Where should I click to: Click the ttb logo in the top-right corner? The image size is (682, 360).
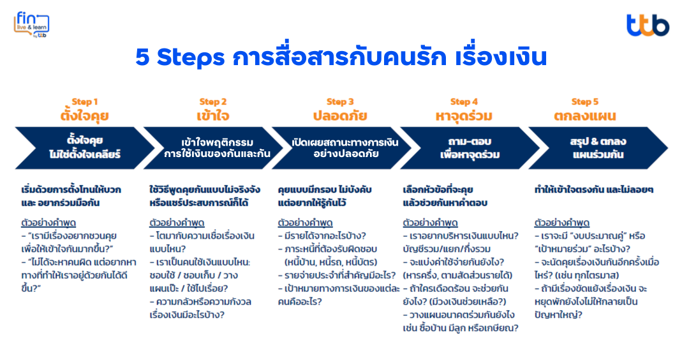tap(647, 26)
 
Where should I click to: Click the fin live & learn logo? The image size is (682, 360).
tap(31, 24)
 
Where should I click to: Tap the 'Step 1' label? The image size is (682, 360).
tap(84, 102)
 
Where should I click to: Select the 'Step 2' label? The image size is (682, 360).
tap(213, 102)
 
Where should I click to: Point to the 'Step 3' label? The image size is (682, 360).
tap(340, 102)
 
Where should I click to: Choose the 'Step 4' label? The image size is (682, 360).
tap(464, 102)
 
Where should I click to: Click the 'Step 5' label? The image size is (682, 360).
tap(584, 102)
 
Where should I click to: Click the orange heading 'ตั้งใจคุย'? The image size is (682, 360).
tap(84, 116)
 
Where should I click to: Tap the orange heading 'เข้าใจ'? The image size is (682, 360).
tap(213, 116)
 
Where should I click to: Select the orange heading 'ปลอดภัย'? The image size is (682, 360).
tap(340, 116)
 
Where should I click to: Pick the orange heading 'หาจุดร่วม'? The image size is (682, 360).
tap(464, 116)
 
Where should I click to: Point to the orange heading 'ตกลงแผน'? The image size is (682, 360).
tap(584, 116)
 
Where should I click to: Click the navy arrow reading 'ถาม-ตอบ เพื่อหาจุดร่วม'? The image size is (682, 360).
tap(470, 148)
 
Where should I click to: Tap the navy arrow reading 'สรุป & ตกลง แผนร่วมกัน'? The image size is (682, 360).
tap(598, 148)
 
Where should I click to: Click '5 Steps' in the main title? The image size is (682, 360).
tap(180, 57)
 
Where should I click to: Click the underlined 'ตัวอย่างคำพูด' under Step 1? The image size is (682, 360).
tap(48, 223)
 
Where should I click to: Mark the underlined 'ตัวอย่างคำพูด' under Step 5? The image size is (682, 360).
tap(561, 223)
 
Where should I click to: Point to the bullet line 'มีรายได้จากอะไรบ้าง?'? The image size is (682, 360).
tap(322, 236)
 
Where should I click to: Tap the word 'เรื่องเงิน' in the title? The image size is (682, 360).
tap(501, 57)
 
